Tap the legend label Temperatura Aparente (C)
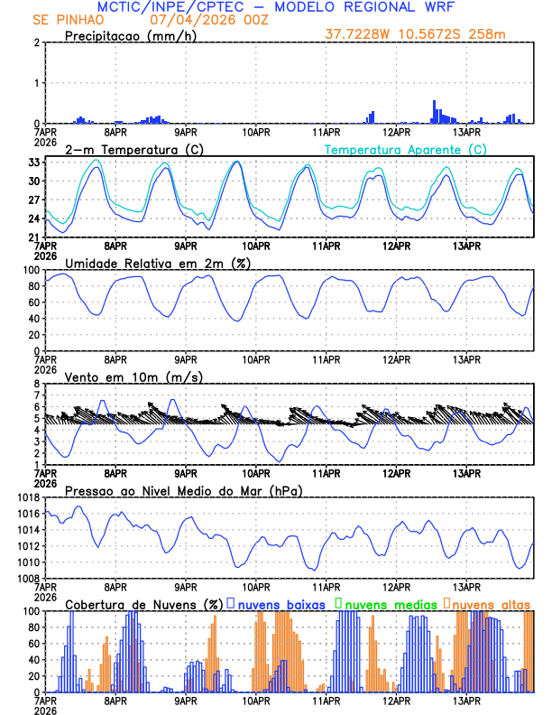pyautogui.click(x=406, y=149)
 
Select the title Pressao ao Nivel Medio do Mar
pyautogui.click(x=183, y=490)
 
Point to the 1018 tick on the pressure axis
pyautogui.click(x=27, y=497)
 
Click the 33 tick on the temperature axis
pyautogui.click(x=32, y=162)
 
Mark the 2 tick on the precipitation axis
pyautogui.click(x=36, y=42)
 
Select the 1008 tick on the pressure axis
pyautogui.click(x=27, y=578)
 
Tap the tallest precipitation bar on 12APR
pyautogui.click(x=434, y=111)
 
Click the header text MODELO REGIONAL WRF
pyautogui.click(x=383, y=6)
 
